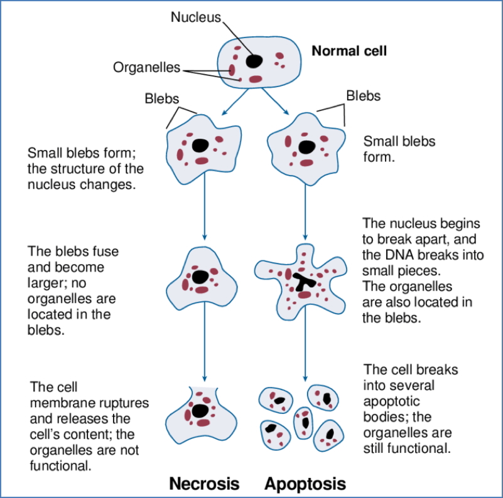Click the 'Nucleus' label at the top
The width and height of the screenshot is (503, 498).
[196, 17]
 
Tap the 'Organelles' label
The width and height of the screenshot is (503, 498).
[146, 66]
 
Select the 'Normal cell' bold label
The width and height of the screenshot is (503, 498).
[349, 51]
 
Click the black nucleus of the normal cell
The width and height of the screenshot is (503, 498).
[254, 60]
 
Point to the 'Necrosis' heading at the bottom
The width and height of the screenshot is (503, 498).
[204, 484]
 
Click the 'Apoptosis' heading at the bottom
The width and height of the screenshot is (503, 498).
[305, 484]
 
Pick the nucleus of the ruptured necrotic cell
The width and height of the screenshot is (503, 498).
[200, 411]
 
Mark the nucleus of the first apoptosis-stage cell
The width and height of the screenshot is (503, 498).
[306, 147]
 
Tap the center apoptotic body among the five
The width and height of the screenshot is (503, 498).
[304, 421]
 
